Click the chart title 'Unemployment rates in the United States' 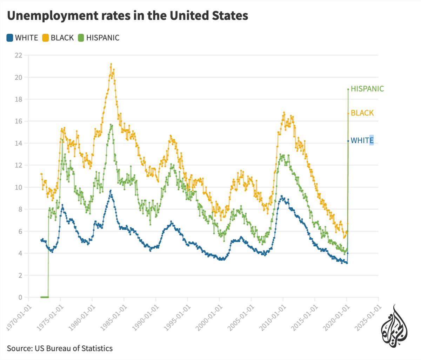point(128,16)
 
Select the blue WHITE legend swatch point(10,38)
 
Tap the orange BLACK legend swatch point(45,38)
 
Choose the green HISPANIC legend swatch point(81,38)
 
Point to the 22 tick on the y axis point(18,55)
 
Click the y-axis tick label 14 point(18,143)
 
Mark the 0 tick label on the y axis point(20,297)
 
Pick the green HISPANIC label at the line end point(367,89)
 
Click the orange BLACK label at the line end point(362,113)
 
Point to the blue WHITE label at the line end point(362,140)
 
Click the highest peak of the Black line point(111,64)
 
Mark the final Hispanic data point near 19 point(348,89)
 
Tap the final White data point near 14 point(348,141)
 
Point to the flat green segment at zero point(45,297)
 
